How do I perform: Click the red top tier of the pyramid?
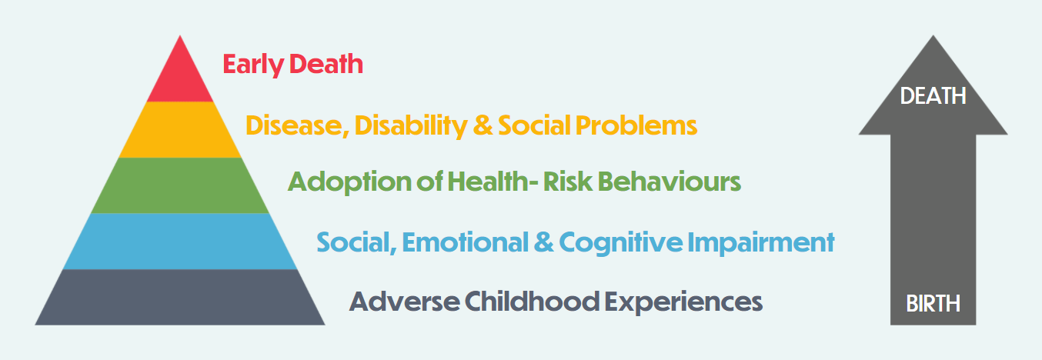(180, 75)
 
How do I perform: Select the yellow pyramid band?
(180, 130)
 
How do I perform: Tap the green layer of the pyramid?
(180, 185)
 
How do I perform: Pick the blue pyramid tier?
(180, 242)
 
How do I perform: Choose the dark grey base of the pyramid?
(180, 297)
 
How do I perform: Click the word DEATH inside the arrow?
(933, 96)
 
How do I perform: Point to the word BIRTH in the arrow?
(933, 304)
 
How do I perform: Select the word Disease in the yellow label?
(297, 126)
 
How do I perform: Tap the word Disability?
(410, 126)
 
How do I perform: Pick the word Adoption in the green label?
(349, 182)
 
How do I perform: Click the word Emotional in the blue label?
(465, 242)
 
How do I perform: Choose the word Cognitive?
(620, 243)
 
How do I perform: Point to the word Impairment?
(761, 243)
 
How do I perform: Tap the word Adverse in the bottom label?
(404, 302)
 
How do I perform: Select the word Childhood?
(532, 302)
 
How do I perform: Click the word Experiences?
(683, 302)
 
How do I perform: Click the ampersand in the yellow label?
(483, 126)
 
